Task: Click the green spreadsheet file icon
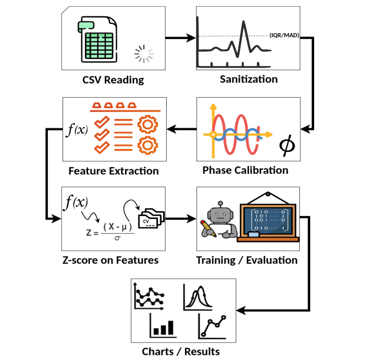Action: pyautogui.click(x=97, y=39)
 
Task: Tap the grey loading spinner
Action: pyautogui.click(x=144, y=54)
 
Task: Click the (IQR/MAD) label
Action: pyautogui.click(x=284, y=35)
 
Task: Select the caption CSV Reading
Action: pyautogui.click(x=113, y=80)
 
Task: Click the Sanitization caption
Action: pyautogui.click(x=249, y=79)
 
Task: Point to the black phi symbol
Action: pyautogui.click(x=287, y=145)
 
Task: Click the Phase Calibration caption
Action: pyautogui.click(x=246, y=170)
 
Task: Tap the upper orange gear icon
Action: pyautogui.click(x=147, y=125)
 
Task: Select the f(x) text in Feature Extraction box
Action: pyautogui.click(x=77, y=130)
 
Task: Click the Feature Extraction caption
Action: pyautogui.click(x=113, y=171)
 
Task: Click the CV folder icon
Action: pyautogui.click(x=151, y=219)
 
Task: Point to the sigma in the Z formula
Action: pyautogui.click(x=117, y=238)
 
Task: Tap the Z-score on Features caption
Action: pyautogui.click(x=110, y=260)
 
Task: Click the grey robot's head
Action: pyautogui.click(x=220, y=213)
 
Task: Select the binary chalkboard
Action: pyautogui.click(x=268, y=220)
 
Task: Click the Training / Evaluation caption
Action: pyautogui.click(x=247, y=260)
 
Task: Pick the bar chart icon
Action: pyautogui.click(x=163, y=325)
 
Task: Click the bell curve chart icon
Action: pyautogui.click(x=198, y=297)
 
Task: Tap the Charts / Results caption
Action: pyautogui.click(x=181, y=352)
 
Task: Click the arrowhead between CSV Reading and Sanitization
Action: pyautogui.click(x=191, y=38)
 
